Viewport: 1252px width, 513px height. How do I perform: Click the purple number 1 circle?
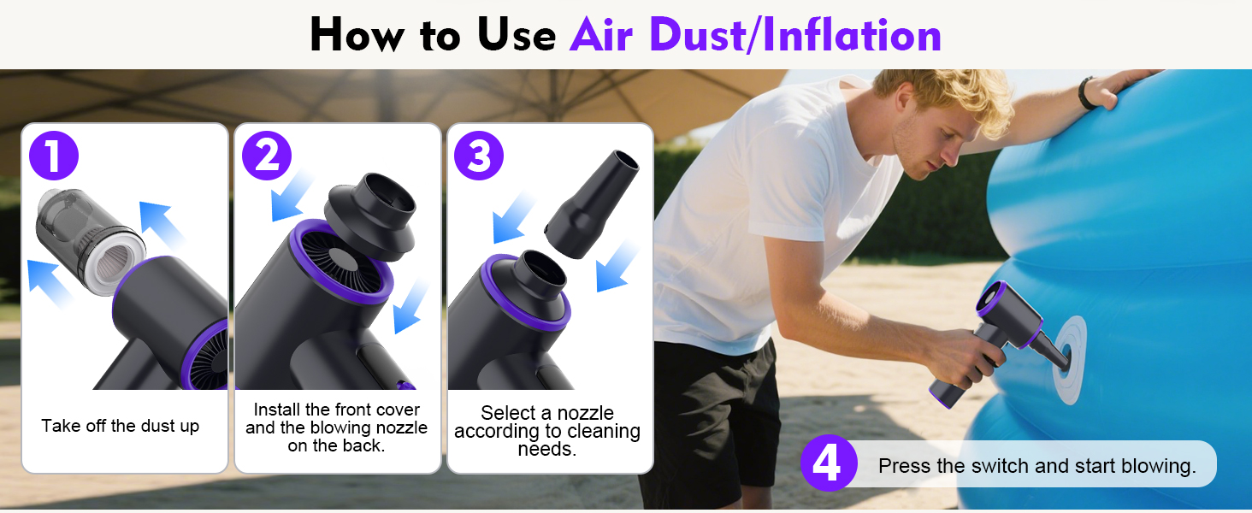coord(54,156)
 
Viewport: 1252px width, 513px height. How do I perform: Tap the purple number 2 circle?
coord(267,156)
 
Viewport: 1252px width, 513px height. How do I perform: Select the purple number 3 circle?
coord(479,156)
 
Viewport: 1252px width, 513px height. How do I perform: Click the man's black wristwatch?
coord(1087,92)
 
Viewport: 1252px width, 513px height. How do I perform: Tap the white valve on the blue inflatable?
coord(1069,360)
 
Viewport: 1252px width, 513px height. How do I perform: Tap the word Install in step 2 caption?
coord(278,410)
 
